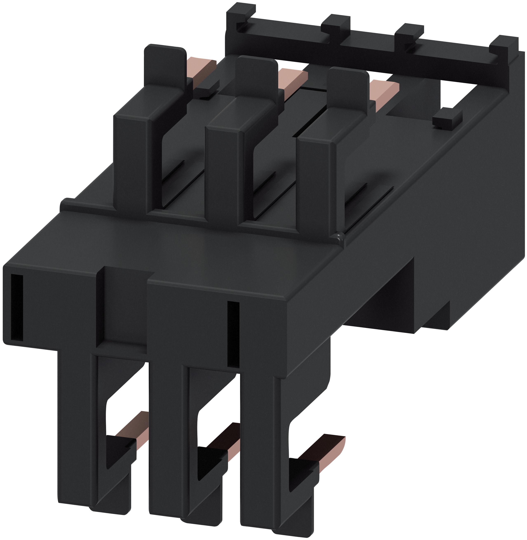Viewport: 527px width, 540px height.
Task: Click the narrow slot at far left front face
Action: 17,307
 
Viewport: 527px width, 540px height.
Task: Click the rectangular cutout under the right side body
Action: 385,299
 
